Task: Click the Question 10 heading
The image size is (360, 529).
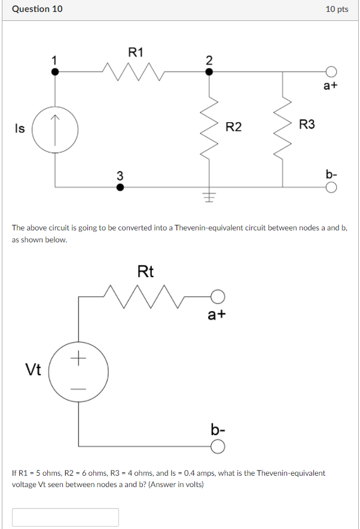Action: coord(37,10)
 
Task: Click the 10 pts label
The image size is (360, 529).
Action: coord(337,10)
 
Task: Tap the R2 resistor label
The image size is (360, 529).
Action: coord(234,126)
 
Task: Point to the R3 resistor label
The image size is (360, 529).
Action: coord(307,124)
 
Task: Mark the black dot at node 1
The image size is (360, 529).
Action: coord(55,71)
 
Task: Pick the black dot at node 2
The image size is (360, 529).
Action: coord(209,71)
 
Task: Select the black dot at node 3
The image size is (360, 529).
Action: coord(120,187)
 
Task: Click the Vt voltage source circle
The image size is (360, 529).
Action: coord(78,374)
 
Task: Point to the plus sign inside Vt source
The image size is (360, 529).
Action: coord(78,359)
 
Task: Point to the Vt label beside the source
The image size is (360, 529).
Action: coord(33,370)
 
